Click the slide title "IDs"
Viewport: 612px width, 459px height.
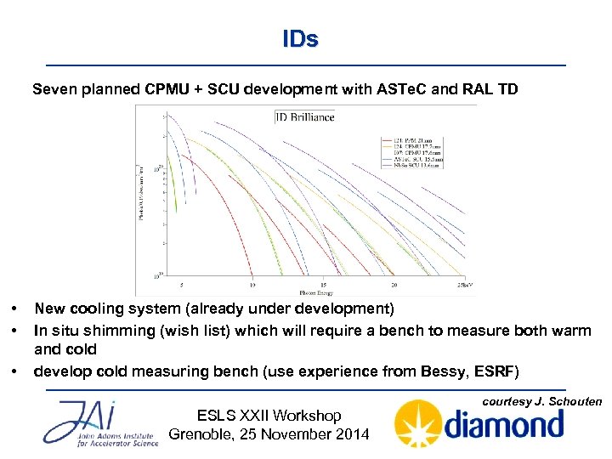pyautogui.click(x=300, y=39)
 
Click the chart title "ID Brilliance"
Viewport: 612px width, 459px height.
pyautogui.click(x=304, y=116)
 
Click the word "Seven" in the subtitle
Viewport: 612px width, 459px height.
pyautogui.click(x=54, y=89)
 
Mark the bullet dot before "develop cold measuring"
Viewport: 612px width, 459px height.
pyautogui.click(x=14, y=372)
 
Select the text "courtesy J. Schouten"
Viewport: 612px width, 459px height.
pyautogui.click(x=542, y=401)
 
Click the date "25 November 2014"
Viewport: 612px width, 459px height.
pyautogui.click(x=295, y=434)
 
